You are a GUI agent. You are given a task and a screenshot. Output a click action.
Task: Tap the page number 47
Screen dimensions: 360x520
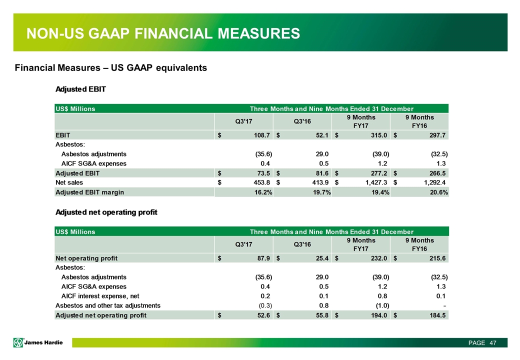[493, 342]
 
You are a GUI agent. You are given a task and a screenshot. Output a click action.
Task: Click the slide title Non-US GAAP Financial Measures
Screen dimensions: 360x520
[163, 33]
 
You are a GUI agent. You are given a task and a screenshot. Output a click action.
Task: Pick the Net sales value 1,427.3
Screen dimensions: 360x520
[371, 182]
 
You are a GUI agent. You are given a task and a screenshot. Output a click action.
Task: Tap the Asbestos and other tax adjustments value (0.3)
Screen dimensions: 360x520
[265, 305]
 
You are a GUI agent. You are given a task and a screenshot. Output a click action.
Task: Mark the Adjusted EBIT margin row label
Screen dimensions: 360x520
[89, 192]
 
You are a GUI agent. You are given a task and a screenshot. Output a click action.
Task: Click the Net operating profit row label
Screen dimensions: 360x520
[86, 258]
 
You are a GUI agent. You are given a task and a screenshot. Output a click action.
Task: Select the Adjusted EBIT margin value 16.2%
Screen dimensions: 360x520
[261, 192]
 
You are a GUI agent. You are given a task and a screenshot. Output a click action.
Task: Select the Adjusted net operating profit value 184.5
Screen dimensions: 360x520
[435, 315]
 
